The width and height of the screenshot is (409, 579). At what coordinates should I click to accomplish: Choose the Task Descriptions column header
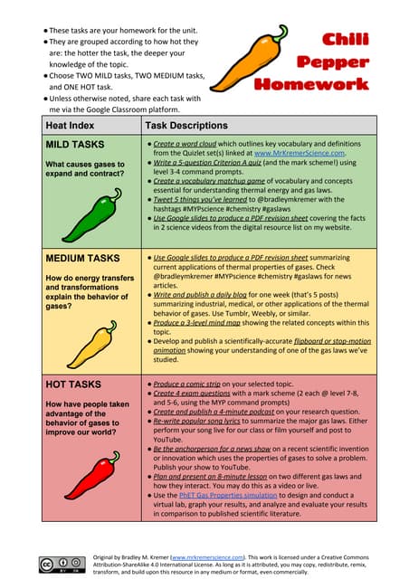191,126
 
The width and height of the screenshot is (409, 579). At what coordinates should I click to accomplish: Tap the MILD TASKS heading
75,145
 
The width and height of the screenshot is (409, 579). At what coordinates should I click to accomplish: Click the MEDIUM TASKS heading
82,259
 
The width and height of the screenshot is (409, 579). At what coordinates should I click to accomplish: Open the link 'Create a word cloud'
195,145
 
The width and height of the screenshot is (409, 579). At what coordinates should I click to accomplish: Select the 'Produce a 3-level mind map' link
204,323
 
